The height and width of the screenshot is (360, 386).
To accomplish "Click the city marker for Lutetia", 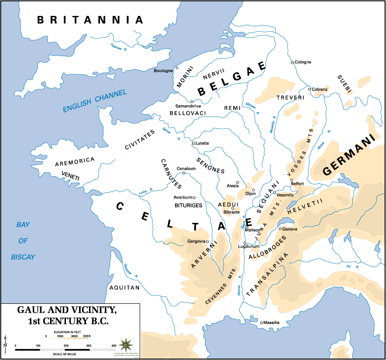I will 194,144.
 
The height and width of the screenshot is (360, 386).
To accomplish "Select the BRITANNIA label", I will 90,20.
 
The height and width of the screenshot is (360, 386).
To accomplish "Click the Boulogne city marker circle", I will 177,68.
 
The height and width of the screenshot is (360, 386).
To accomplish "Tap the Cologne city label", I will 302,62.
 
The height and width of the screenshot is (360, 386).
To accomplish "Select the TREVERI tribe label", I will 291,97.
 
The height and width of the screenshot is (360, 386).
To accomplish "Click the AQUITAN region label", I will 124,288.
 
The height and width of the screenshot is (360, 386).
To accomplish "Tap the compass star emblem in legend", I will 125,345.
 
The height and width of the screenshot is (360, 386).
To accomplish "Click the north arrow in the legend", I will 6,342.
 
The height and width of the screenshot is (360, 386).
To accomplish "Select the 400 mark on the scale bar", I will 113,345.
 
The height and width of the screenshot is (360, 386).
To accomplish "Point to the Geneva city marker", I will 280,229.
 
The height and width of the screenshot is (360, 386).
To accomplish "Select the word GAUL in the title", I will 36,310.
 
